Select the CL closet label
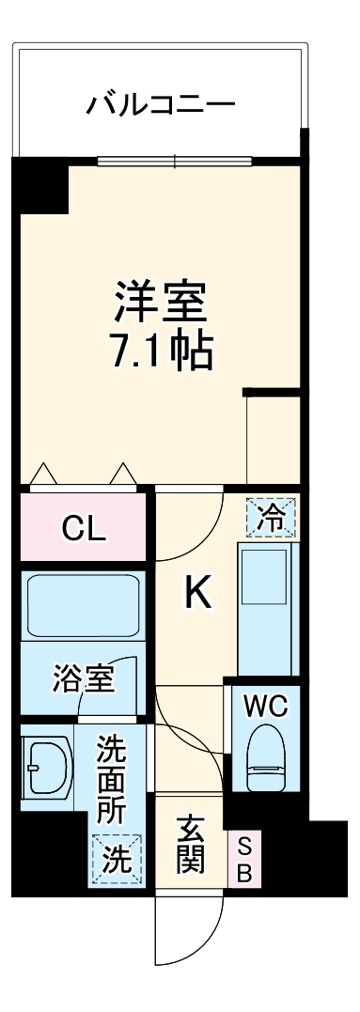pyautogui.click(x=84, y=529)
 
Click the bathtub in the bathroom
pyautogui.click(x=85, y=605)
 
